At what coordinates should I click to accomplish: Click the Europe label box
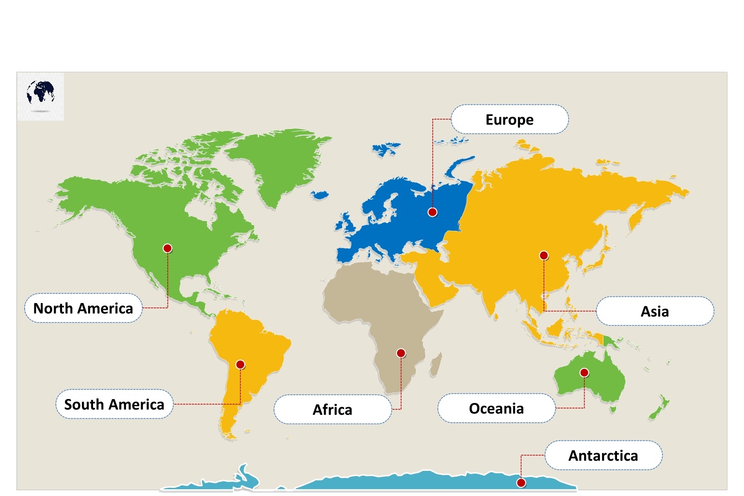(x=509, y=119)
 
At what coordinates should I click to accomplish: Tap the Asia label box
(x=654, y=311)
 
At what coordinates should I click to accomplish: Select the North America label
(x=83, y=308)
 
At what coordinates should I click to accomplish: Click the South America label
(x=114, y=404)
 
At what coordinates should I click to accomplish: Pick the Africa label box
(x=332, y=410)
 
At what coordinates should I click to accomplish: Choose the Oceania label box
(x=496, y=409)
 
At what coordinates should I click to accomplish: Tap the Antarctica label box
(x=603, y=456)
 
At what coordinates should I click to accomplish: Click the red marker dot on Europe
(x=432, y=212)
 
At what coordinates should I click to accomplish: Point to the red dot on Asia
(x=544, y=256)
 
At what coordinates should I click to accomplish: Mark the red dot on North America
(x=167, y=248)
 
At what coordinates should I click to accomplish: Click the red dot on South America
(x=240, y=365)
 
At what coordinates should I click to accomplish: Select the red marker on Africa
(x=401, y=353)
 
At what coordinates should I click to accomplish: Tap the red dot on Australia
(x=584, y=372)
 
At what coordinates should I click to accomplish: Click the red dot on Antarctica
(x=521, y=482)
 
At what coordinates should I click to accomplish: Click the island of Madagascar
(x=436, y=365)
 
